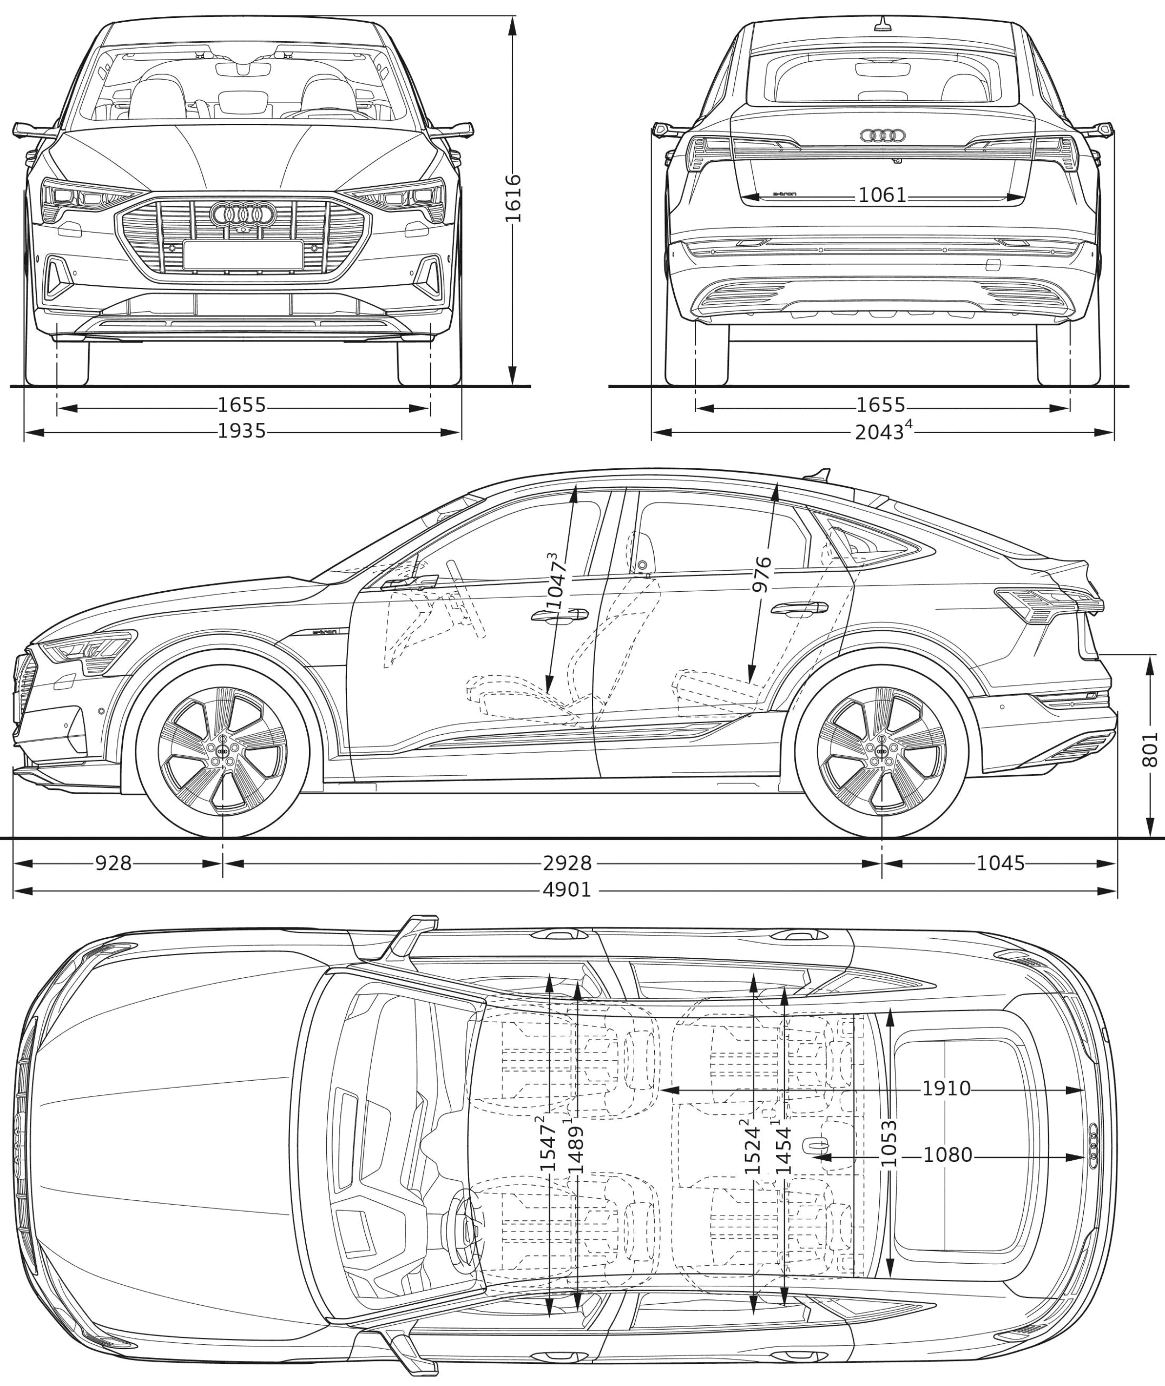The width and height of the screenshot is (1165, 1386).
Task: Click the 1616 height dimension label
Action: coord(513,198)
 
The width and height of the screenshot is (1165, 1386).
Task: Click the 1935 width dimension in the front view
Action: coord(242,432)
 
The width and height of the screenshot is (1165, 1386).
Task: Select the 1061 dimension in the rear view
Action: coord(883,195)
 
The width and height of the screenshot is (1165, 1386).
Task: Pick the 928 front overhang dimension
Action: coord(113,863)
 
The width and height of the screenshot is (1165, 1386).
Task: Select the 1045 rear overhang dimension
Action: coord(1001,863)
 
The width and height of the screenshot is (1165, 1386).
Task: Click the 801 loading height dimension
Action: coord(1150,748)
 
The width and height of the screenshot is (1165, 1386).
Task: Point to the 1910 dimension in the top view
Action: coord(946,1088)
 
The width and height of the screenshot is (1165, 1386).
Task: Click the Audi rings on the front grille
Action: coord(243,213)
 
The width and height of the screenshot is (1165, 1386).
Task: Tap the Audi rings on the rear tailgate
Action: coord(883,135)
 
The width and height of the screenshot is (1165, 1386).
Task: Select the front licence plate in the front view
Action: coord(243,255)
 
